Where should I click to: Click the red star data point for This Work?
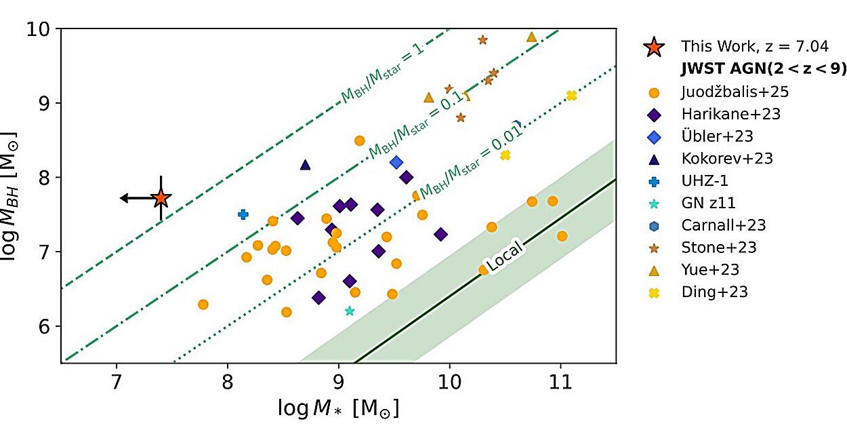point(161,198)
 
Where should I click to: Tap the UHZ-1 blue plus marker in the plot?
point(243,214)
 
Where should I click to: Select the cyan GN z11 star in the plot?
point(350,311)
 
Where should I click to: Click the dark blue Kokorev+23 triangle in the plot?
point(306,165)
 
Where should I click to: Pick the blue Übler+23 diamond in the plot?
point(396,162)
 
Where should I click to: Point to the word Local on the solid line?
point(505,258)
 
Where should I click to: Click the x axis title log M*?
point(338,408)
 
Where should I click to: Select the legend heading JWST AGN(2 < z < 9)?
point(763,69)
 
